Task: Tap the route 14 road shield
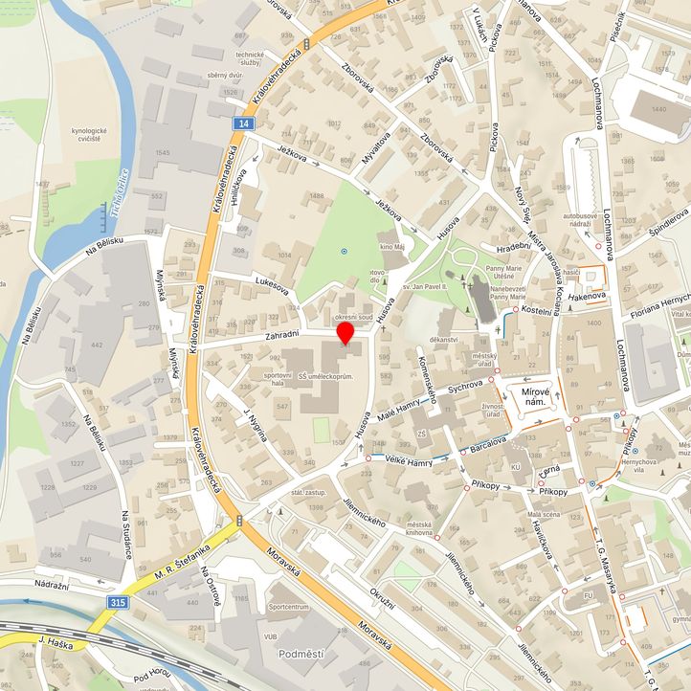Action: point(246,124)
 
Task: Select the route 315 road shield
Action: point(118,602)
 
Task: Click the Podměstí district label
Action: point(302,654)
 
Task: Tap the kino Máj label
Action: point(394,249)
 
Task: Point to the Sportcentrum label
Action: point(289,607)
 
